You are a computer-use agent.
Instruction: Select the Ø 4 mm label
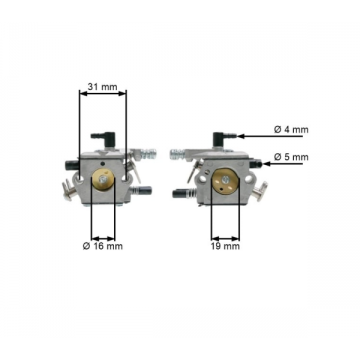[291, 129]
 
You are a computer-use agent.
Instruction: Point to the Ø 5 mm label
[291, 157]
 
